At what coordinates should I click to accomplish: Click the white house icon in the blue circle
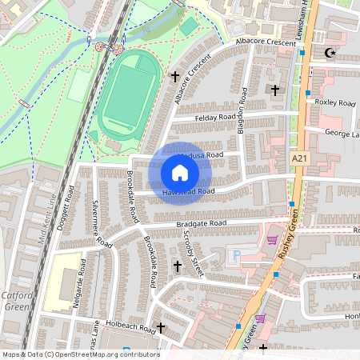tap(180, 173)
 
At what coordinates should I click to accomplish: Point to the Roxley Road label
tap(335, 103)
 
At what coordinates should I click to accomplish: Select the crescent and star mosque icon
tap(329, 54)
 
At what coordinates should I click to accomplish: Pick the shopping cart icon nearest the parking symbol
tap(272, 239)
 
